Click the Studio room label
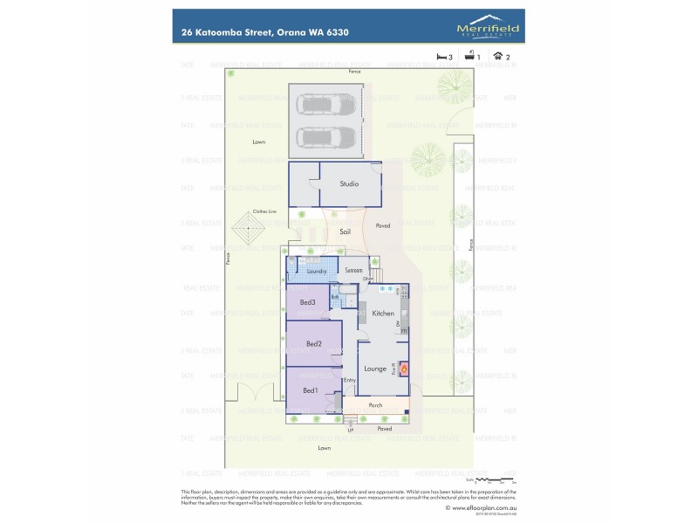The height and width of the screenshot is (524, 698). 350,184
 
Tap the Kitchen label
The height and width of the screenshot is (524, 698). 384,313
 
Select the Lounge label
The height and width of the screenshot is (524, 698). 375,369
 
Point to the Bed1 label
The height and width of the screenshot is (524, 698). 310,390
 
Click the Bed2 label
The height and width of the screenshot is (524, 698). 314,344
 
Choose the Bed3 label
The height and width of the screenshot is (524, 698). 307,302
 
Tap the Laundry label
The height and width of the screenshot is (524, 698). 317,272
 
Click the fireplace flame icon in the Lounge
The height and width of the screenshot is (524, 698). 403,369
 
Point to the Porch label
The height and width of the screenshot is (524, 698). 376,405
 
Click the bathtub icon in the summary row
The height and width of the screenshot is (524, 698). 469,56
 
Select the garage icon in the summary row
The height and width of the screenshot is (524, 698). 497,56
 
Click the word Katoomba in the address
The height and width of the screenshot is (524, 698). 222,31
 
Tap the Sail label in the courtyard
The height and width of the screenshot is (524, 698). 346,231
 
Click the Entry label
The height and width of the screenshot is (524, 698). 351,380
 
